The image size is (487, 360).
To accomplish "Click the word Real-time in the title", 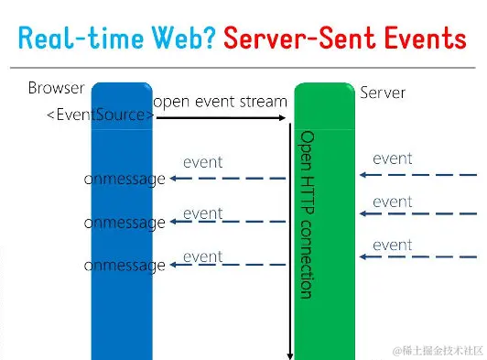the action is pos(81,38).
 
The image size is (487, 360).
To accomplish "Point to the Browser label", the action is pos(56,88).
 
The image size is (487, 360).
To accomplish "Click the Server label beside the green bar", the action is pos(383,93).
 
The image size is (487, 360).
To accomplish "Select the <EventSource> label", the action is pos(101,115).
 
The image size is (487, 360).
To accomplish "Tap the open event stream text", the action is pos(221,102).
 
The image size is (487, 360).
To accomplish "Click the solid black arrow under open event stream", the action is pos(221,118).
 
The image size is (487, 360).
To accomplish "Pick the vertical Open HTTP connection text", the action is pos(308,215).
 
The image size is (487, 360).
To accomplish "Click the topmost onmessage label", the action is pos(124,180).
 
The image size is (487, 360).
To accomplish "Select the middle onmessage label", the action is pos(124,223).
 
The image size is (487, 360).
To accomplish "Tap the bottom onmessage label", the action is pos(124,266).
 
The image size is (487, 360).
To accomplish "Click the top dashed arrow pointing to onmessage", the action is pos(228,178).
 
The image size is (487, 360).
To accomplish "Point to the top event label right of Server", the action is pos(393,158).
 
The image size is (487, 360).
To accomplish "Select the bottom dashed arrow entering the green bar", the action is pos(418,256).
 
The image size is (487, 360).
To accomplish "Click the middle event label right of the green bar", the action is pos(393,202).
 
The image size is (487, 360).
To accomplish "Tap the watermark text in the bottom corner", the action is pos(438,351).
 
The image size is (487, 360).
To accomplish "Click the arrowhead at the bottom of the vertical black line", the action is pos(290,356).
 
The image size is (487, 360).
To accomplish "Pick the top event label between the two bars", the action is pos(203,162).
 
